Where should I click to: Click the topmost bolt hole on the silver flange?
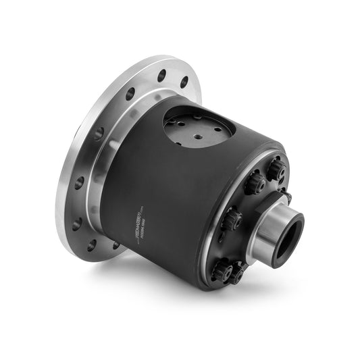[162, 75]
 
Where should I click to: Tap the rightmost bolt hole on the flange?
[184, 82]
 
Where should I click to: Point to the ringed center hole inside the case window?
[197, 136]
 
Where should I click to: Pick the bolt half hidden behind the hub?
[286, 197]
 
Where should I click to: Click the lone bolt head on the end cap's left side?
[232, 218]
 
